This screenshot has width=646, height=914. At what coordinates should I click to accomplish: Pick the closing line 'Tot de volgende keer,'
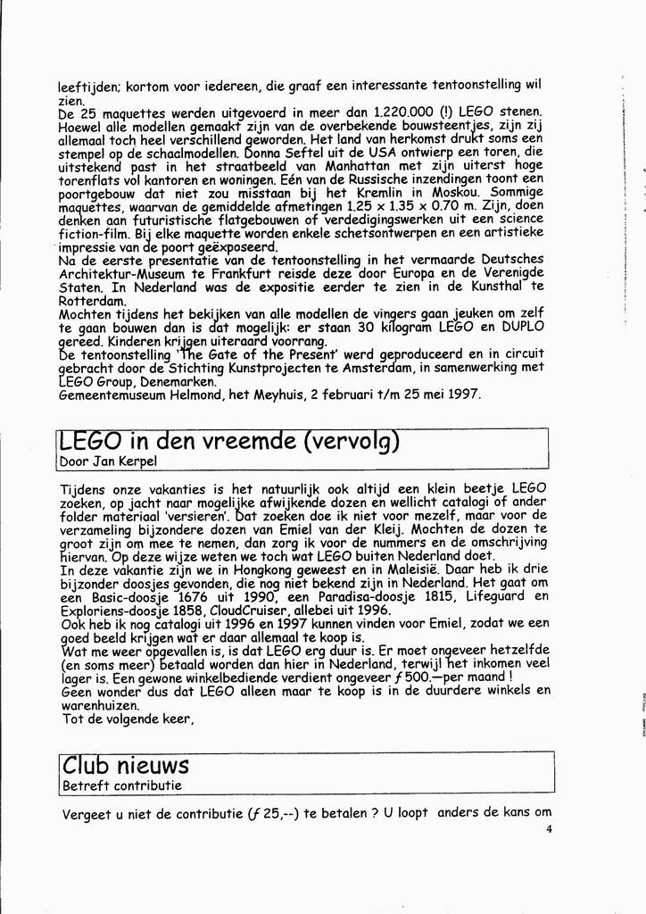[x=127, y=718]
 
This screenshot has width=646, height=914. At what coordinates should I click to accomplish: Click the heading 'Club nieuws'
[x=125, y=765]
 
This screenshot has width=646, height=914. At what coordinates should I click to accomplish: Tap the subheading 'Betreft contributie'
[x=122, y=786]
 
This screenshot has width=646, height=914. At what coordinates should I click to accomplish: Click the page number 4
[x=550, y=829]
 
